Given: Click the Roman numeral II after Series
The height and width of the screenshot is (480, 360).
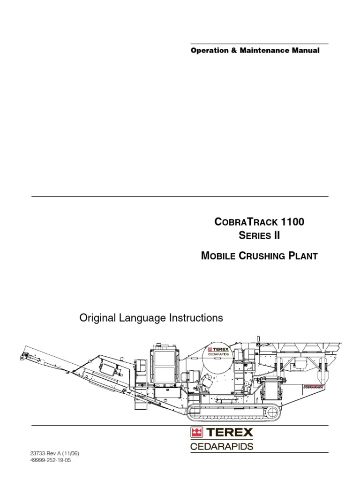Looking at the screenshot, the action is pos(276,235).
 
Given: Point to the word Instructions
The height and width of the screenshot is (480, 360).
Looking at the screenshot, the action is pos(196,318).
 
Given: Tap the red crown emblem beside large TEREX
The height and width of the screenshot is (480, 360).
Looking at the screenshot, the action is pos(196,432).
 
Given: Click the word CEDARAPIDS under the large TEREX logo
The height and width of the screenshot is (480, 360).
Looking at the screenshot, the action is pos(222,446).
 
